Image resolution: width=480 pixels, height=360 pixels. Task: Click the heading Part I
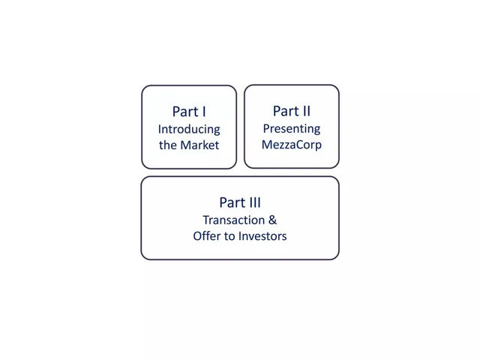pyautogui.click(x=189, y=112)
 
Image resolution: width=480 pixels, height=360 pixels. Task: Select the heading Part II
pyautogui.click(x=292, y=111)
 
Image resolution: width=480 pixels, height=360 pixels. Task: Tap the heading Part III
pyautogui.click(x=240, y=202)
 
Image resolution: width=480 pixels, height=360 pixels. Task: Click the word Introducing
pyautogui.click(x=189, y=130)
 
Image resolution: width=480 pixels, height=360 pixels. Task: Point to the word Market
pyautogui.click(x=199, y=145)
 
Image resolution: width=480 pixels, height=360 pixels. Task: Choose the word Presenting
pyautogui.click(x=292, y=129)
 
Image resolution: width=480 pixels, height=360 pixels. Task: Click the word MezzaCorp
pyautogui.click(x=292, y=145)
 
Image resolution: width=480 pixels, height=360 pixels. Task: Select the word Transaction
pyautogui.click(x=233, y=220)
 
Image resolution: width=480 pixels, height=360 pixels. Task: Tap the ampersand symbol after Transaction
pyautogui.click(x=272, y=220)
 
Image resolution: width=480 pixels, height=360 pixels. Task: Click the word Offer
pyautogui.click(x=203, y=236)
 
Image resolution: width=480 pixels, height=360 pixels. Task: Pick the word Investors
pyautogui.click(x=262, y=236)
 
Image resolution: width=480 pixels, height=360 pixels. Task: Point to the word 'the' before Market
pyautogui.click(x=168, y=145)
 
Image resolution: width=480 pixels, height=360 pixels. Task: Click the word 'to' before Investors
pyautogui.click(x=230, y=236)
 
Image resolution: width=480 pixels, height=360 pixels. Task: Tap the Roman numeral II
pyautogui.click(x=306, y=111)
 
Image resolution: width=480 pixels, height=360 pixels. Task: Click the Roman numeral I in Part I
pyautogui.click(x=204, y=112)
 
